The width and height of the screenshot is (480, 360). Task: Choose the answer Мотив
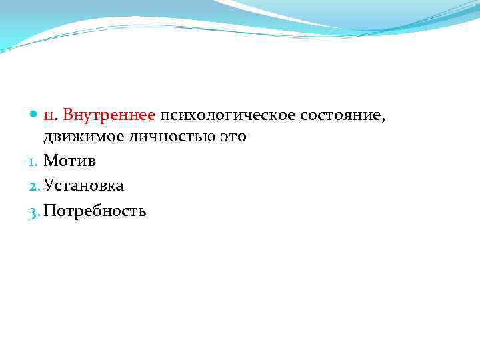click(x=70, y=161)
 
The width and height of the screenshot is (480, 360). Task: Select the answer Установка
click(x=84, y=186)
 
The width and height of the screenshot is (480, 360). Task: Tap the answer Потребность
click(x=95, y=211)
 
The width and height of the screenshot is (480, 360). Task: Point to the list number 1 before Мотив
click(x=35, y=162)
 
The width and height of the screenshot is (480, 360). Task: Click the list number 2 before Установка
click(x=36, y=187)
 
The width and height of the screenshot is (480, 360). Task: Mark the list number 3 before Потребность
click(x=36, y=212)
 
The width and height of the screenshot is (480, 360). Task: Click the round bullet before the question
click(x=35, y=115)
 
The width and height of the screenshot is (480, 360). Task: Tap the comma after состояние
click(x=383, y=119)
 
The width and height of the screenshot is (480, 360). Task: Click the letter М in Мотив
click(x=50, y=161)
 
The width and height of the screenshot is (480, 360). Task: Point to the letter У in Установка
click(x=48, y=186)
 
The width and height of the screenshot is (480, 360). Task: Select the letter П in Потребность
click(x=49, y=211)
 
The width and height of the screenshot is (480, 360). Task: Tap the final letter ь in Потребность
click(x=143, y=213)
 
